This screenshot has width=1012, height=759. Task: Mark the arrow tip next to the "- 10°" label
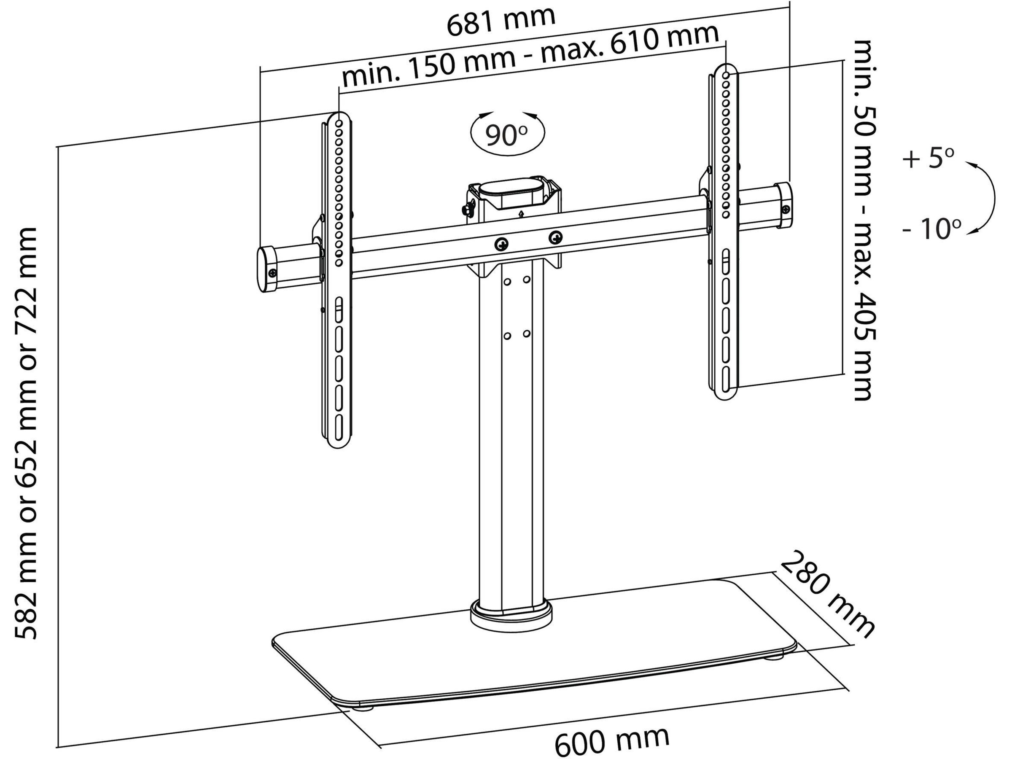click(x=966, y=234)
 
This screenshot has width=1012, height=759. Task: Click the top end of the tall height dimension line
click(x=57, y=147)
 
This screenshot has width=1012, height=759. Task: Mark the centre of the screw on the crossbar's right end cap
click(x=786, y=210)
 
